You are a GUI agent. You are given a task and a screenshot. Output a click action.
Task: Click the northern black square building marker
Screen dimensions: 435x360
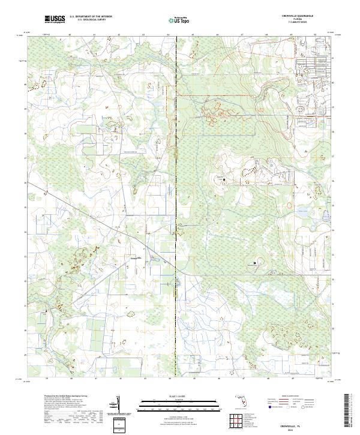click(224, 179)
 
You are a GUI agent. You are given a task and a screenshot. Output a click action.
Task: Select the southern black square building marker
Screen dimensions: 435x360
click(254, 263)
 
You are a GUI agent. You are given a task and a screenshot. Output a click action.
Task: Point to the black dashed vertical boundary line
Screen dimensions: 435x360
click(175, 210)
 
